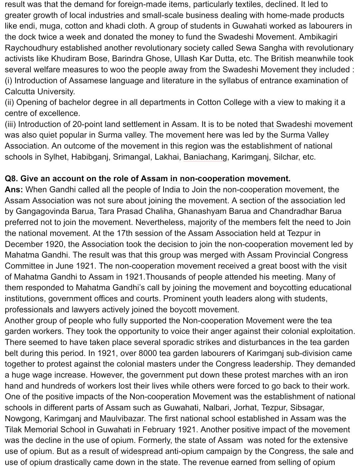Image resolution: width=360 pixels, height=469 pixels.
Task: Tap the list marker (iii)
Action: pos(10,124)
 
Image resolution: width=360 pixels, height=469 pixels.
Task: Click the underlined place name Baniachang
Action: pos(206,157)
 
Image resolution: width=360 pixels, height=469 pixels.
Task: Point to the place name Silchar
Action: pos(286,157)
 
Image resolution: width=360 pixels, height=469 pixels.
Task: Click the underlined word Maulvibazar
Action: pos(122,419)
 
